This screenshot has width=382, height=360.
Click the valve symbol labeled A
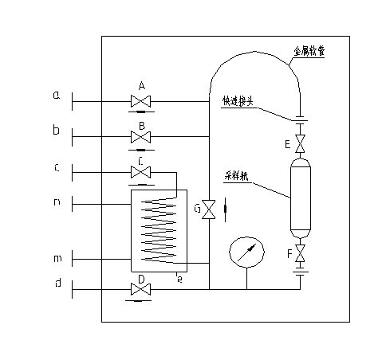pos(142,101)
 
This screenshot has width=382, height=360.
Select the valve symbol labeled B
pos(142,138)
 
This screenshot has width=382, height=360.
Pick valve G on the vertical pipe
pos(208,210)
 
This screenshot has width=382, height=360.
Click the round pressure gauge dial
pos(245,253)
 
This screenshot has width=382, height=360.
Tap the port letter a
pos(56,96)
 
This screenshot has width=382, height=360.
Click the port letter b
pos(56,131)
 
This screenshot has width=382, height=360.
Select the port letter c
pos(56,167)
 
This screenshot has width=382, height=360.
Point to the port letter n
pos(56,202)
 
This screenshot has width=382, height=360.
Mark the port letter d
pos(56,282)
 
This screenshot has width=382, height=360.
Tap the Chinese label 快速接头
pos(238,101)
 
